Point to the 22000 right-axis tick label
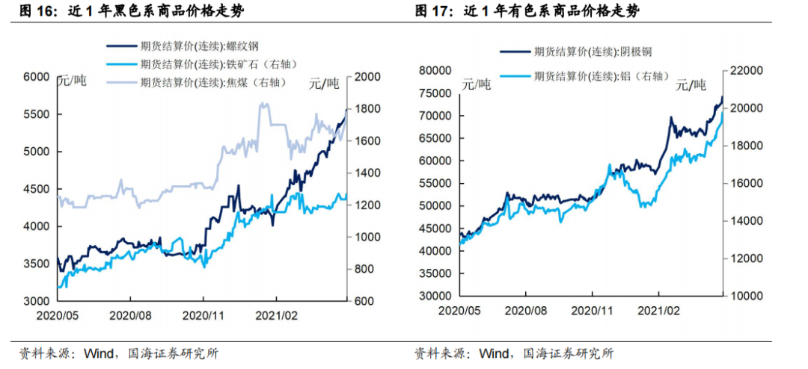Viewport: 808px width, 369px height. pos(745,71)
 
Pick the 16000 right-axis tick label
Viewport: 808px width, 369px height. pos(745,183)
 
